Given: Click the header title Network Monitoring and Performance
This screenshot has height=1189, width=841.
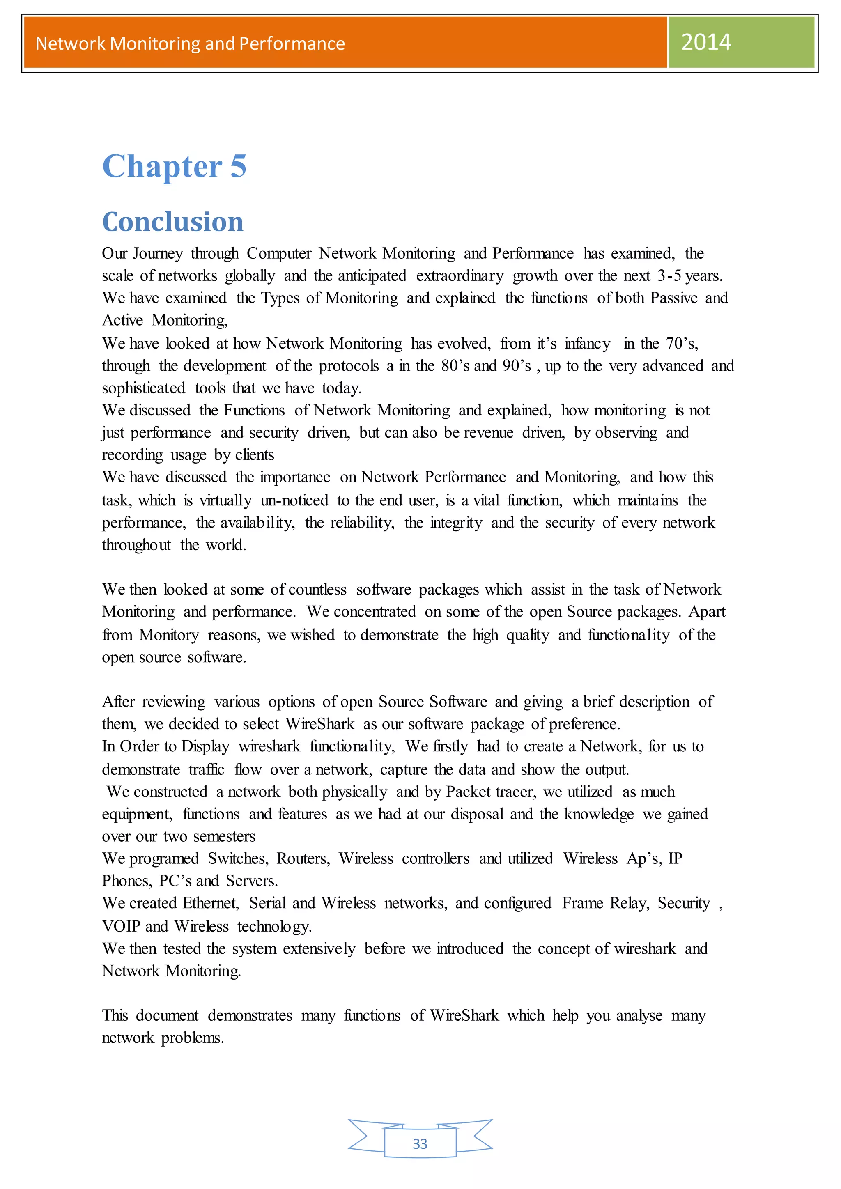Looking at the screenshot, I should [x=190, y=44].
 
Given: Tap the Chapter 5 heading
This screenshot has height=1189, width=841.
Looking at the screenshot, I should [x=175, y=166].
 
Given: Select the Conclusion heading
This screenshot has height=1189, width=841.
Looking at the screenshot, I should [x=173, y=222].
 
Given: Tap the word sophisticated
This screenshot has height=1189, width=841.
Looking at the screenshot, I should [x=143, y=388].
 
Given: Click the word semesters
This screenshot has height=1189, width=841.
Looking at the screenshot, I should [x=224, y=836].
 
